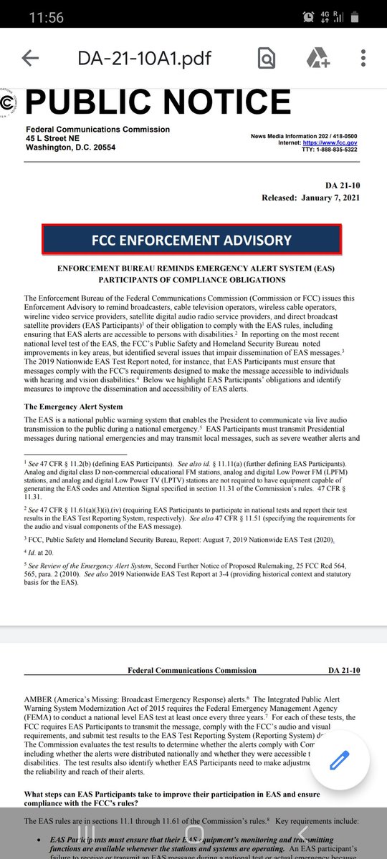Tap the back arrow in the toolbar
[30, 59]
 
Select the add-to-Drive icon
[317, 59]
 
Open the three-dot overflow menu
[364, 59]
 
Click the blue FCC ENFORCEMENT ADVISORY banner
[191, 241]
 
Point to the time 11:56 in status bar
[46, 18]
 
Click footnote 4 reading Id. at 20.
[43, 551]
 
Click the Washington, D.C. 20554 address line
[70, 147]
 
